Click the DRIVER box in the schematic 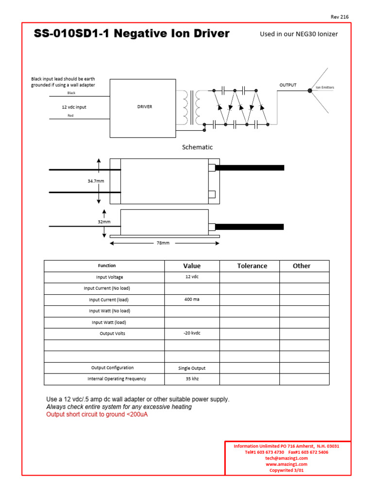144,107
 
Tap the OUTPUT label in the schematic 288,85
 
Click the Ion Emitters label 325,88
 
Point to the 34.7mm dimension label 96,181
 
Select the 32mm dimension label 104,222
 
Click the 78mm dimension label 163,243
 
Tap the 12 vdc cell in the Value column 192,277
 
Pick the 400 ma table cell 192,300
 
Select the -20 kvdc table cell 192,333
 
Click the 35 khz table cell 192,378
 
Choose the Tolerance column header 252,266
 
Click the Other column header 302,266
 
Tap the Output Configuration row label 112,368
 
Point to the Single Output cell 192,368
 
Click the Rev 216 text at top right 339,17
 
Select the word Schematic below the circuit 197,147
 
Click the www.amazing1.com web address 287,464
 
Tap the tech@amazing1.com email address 287,458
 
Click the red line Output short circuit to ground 97,414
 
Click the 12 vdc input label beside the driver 74,107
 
